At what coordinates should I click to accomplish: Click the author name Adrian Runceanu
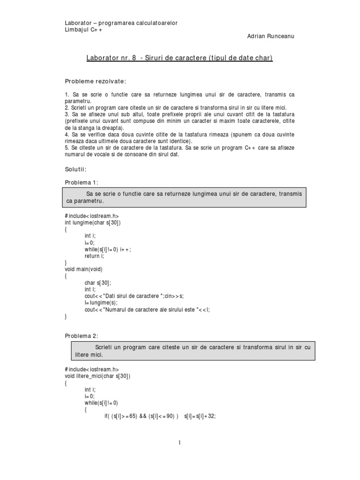271,36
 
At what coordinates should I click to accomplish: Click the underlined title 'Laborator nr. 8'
111,58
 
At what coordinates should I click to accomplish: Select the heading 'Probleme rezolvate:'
95,82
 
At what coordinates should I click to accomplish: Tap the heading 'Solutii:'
75,169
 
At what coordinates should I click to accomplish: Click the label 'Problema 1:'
82,182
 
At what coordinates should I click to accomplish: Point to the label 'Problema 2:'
82,336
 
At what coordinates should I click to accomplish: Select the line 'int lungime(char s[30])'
92,223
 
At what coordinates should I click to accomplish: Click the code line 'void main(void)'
83,269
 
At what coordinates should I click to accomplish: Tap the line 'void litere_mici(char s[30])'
97,376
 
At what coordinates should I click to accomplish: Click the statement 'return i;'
95,256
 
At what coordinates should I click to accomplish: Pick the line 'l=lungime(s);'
101,303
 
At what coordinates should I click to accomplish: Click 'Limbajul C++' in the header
83,30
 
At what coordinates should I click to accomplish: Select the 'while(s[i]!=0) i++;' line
108,249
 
